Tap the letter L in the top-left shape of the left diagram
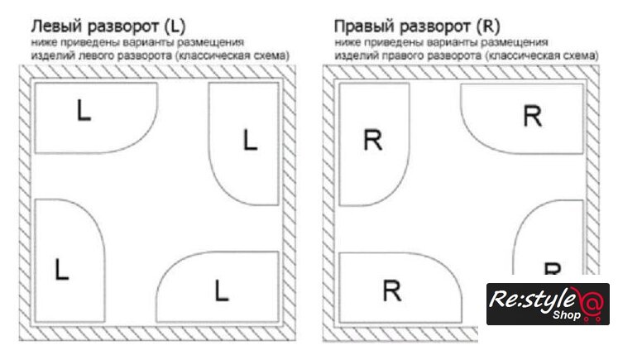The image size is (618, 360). point(83,110)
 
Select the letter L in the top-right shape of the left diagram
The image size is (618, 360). point(250,140)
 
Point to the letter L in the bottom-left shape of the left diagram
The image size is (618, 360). point(60,268)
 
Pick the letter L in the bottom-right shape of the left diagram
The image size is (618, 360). point(221,290)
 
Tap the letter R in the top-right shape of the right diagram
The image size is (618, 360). point(533,116)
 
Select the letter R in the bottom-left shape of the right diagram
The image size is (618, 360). point(392,290)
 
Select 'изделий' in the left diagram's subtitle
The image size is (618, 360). point(51,55)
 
